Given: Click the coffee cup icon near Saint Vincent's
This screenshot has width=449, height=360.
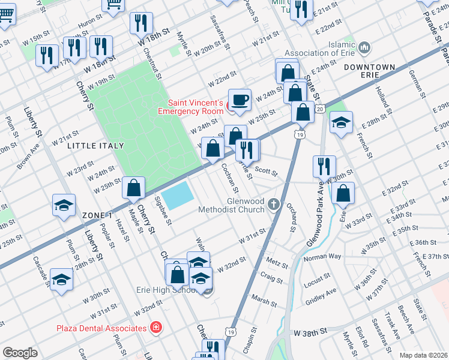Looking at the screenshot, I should (x=240, y=99).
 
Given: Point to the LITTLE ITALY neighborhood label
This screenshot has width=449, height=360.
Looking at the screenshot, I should (x=95, y=146).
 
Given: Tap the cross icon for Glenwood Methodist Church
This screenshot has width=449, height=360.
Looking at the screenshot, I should (x=274, y=205).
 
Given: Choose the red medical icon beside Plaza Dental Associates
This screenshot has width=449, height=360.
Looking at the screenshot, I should (x=156, y=328).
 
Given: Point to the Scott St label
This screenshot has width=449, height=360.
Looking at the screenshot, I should (x=266, y=172).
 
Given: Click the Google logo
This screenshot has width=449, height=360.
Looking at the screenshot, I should (x=20, y=353).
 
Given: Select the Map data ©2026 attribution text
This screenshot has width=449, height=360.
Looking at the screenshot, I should (x=423, y=355).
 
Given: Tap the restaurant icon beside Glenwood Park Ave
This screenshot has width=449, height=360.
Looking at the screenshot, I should (x=324, y=166).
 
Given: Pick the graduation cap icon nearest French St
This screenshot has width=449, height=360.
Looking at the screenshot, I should (x=341, y=122).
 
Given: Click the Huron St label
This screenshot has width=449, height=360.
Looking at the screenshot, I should (x=87, y=21).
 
